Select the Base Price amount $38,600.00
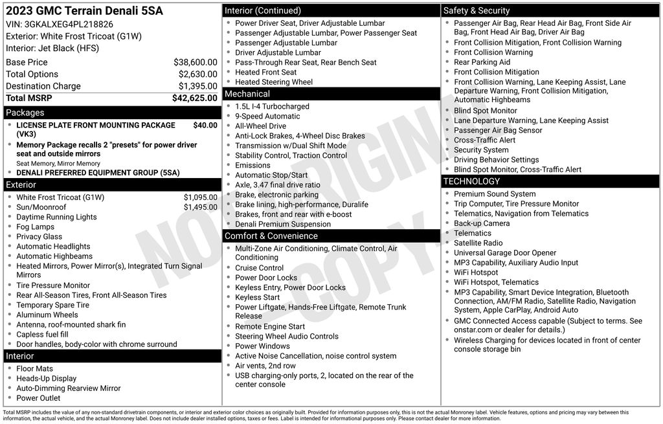[195, 63]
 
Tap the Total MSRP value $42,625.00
[194, 98]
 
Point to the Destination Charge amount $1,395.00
[197, 86]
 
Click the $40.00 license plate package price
[205, 126]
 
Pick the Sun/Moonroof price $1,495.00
[200, 207]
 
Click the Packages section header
[25, 113]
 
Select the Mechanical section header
[247, 94]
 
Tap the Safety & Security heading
[477, 10]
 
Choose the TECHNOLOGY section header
[472, 181]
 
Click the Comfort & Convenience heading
[271, 236]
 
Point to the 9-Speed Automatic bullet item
[267, 117]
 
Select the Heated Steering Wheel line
[273, 82]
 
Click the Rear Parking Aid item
[482, 62]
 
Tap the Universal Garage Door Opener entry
[505, 253]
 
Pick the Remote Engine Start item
[270, 327]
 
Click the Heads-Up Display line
[47, 379]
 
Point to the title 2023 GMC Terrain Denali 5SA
[84, 11]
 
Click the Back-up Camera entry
[482, 223]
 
